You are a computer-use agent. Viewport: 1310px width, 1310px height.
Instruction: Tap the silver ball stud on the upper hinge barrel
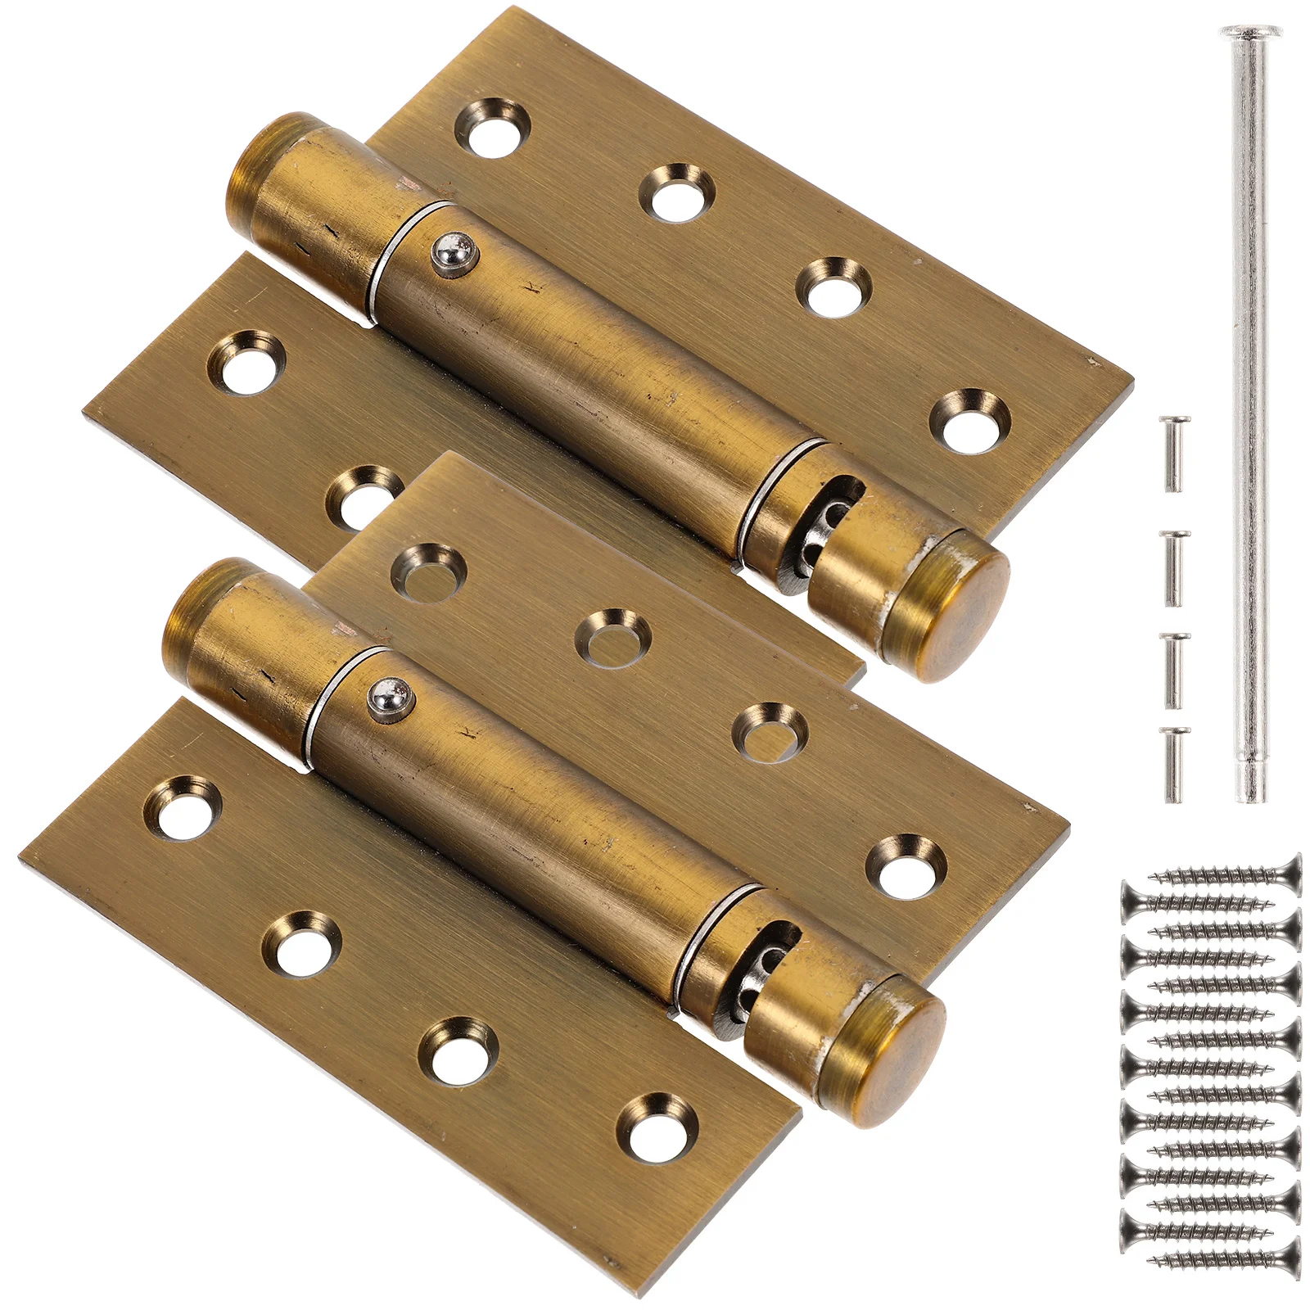tap(453, 255)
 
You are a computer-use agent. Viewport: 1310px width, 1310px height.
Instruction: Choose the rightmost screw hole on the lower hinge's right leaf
tap(906, 866)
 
